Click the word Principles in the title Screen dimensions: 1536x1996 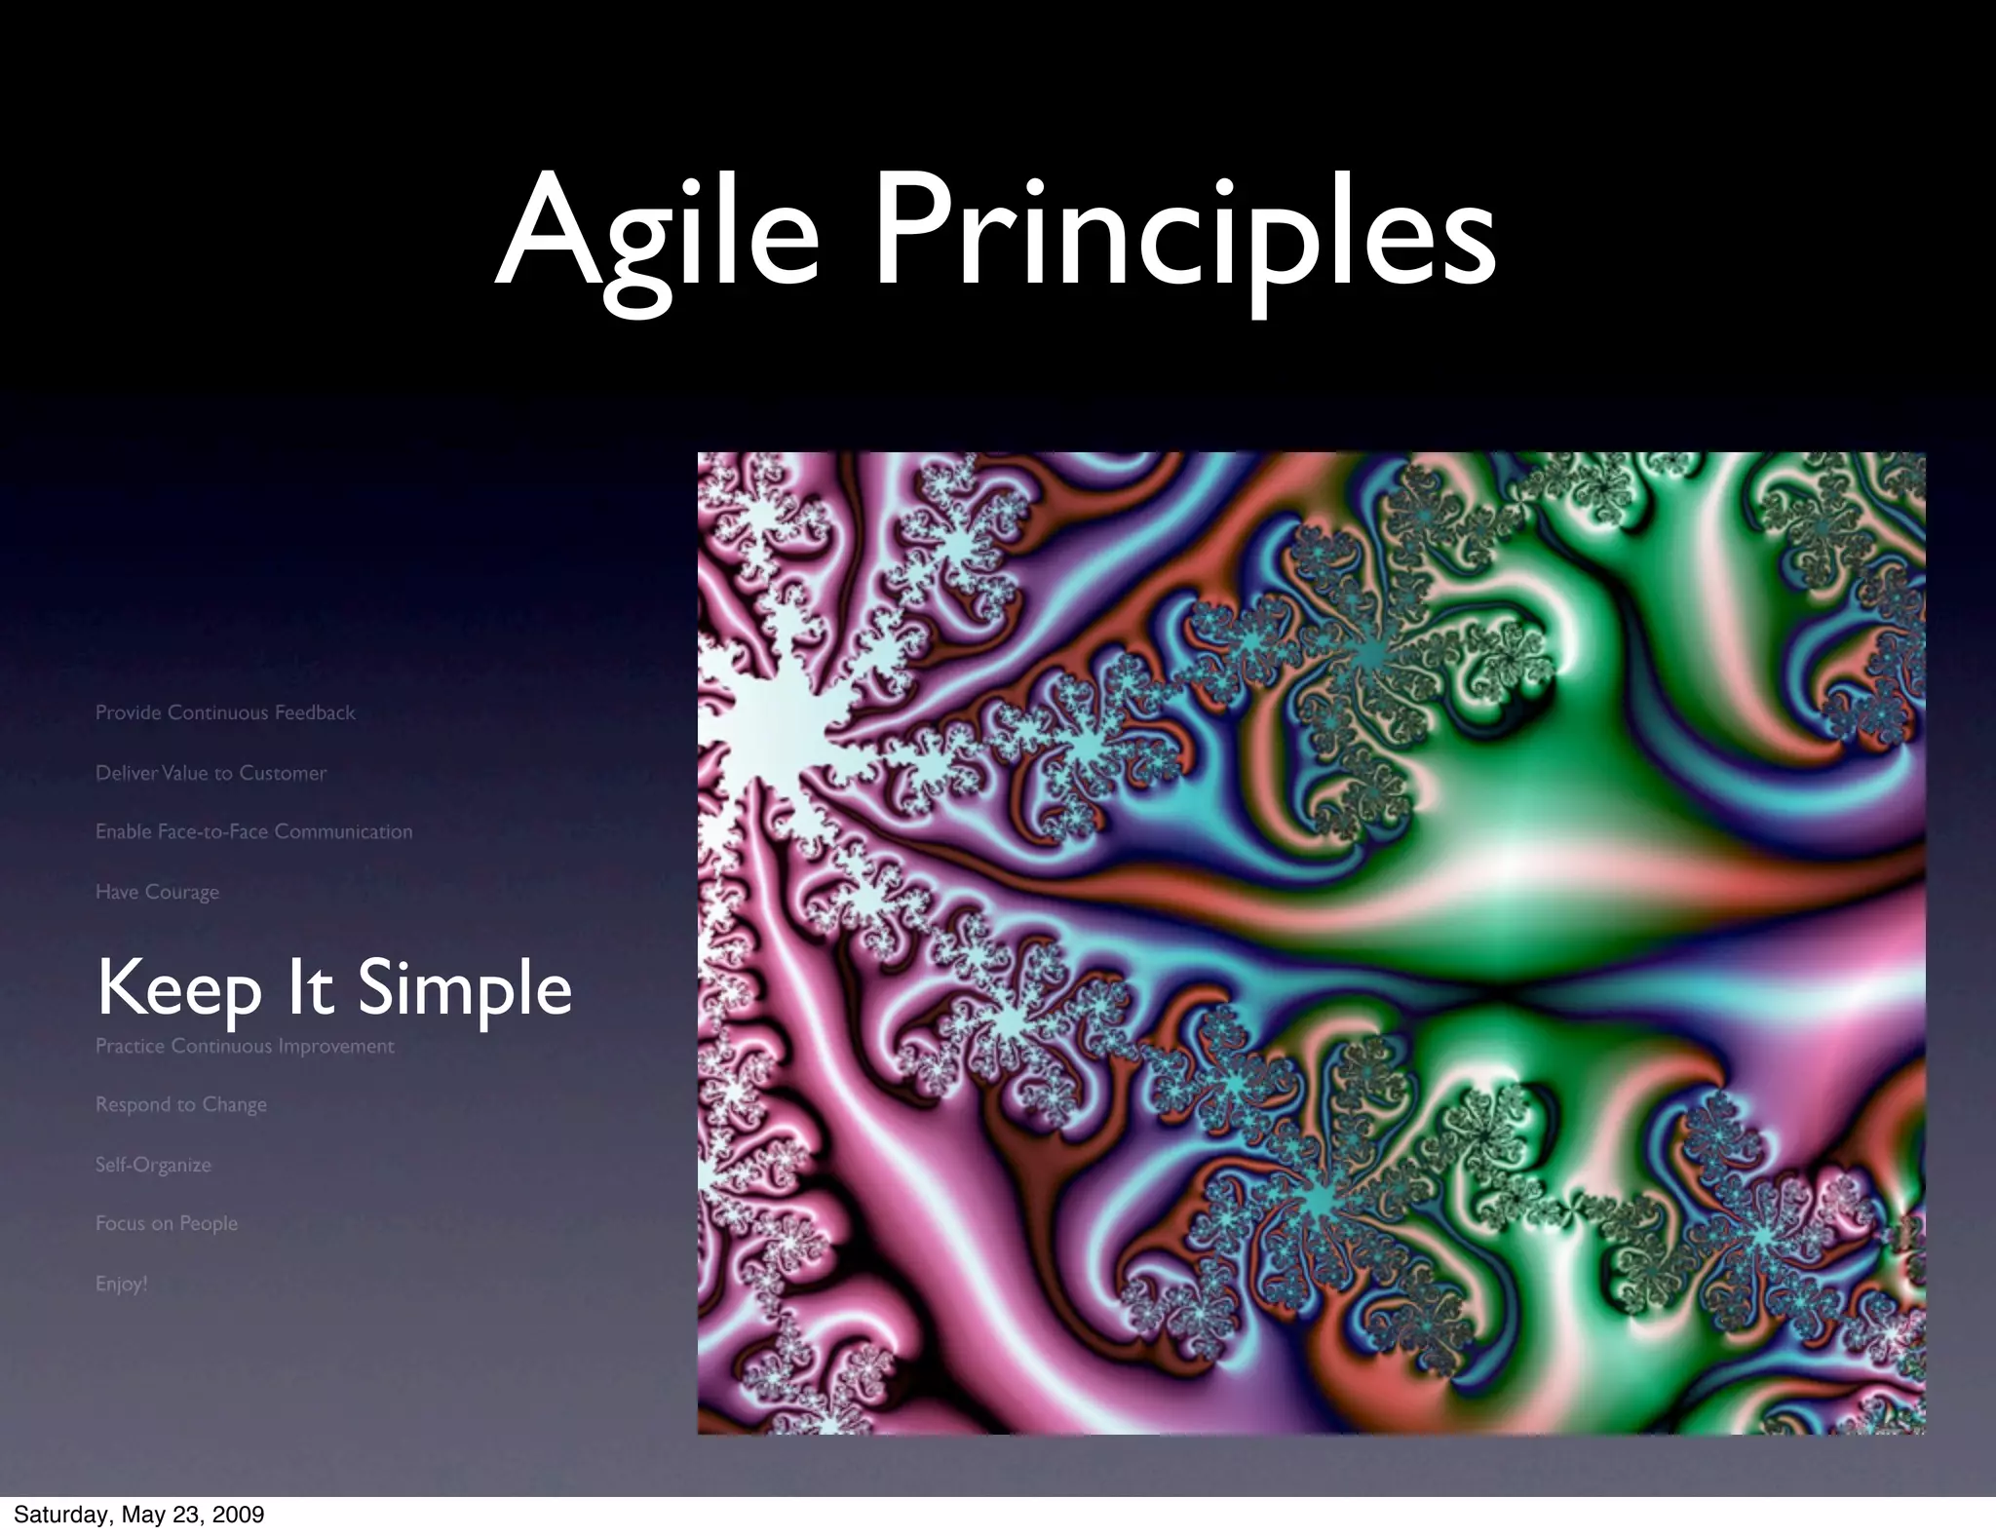coord(1184,234)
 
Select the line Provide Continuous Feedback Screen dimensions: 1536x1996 coord(225,712)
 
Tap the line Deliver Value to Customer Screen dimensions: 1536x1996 coord(211,773)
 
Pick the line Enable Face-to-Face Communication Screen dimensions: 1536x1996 coord(253,831)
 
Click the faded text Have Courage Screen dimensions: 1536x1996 coord(157,892)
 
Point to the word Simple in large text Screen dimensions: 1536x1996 coord(464,988)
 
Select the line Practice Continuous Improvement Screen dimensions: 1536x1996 coord(245,1046)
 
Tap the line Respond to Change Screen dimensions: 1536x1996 coord(180,1104)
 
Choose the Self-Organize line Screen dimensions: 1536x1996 coord(153,1165)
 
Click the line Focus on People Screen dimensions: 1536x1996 coord(166,1223)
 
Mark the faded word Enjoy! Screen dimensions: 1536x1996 coord(121,1284)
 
